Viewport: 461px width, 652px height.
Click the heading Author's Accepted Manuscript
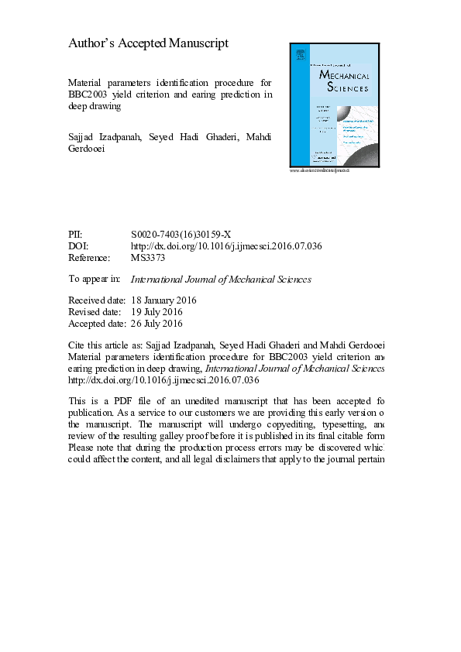pyautogui.click(x=149, y=43)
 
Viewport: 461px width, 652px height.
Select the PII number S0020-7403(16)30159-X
pyautogui.click(x=181, y=235)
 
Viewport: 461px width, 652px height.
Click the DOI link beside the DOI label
pyautogui.click(x=226, y=246)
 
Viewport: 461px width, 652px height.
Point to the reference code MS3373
pyautogui.click(x=149, y=258)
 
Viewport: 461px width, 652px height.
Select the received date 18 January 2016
pyautogui.click(x=163, y=300)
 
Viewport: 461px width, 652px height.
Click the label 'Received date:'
pyautogui.click(x=96, y=300)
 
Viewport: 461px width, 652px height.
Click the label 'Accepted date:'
pyautogui.click(x=97, y=324)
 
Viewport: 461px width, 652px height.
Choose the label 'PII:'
pyautogui.click(x=75, y=235)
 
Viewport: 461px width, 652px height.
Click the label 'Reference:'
pyautogui.click(x=89, y=258)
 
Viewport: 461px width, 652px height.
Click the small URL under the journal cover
pyautogui.click(x=319, y=170)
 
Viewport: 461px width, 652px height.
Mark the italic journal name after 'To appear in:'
pyautogui.click(x=221, y=279)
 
